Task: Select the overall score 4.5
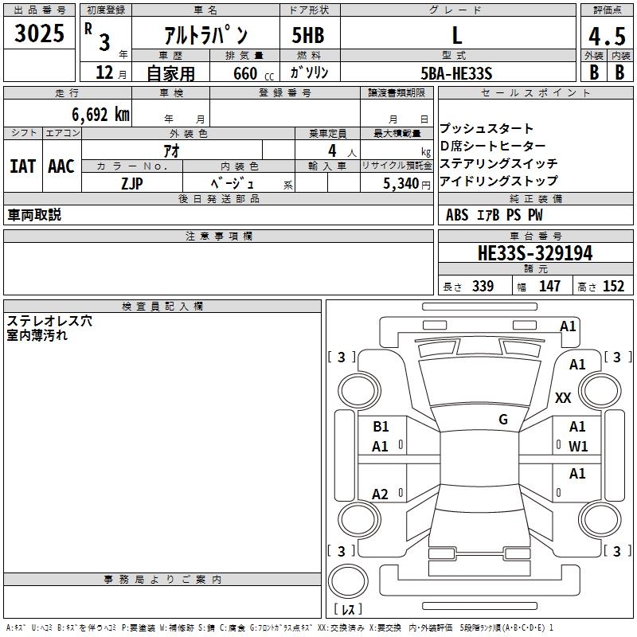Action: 605,37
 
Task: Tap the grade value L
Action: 456,35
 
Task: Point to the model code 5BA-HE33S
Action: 456,73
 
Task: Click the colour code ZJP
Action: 132,182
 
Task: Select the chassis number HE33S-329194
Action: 534,253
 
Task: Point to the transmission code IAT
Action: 23,166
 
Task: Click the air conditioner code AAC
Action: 61,166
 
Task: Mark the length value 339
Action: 483,287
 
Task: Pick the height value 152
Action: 613,287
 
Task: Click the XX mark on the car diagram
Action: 563,398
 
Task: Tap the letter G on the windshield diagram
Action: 502,420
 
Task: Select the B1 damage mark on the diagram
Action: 381,427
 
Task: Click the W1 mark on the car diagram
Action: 578,447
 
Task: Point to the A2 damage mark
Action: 381,494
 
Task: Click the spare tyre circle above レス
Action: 347,580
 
